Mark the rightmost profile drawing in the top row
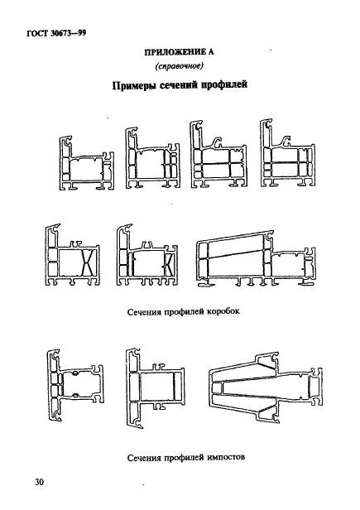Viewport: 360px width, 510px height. [x=287, y=157]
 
